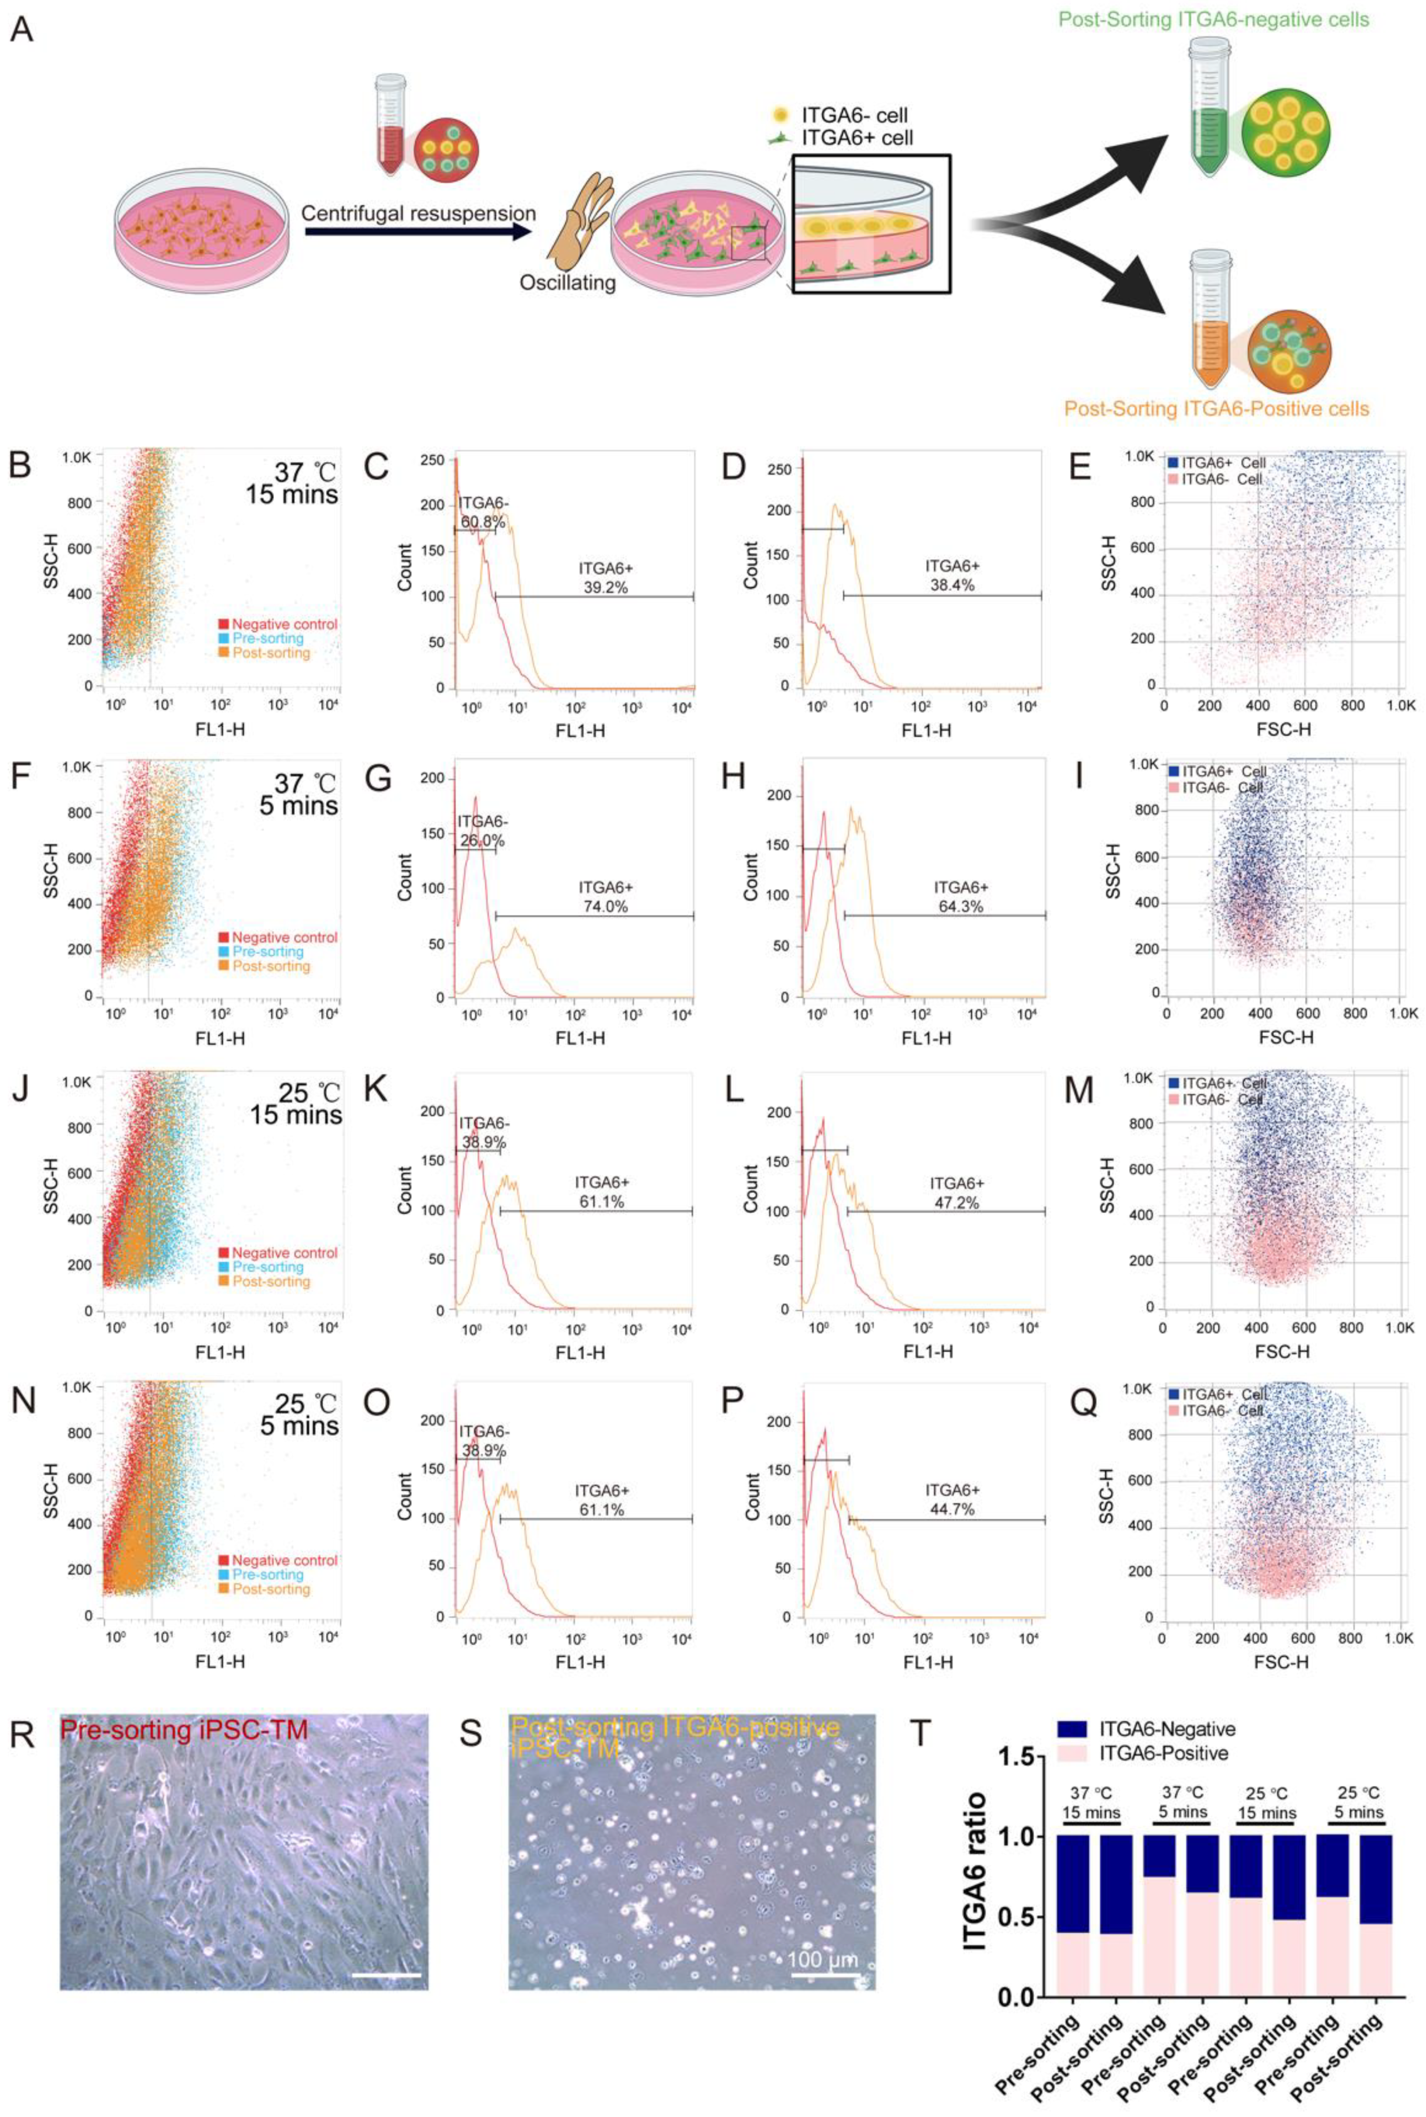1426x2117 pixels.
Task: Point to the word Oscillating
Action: pos(567,283)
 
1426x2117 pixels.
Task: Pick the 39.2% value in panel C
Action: pos(605,588)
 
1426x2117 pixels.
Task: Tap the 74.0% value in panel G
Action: pos(605,906)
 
